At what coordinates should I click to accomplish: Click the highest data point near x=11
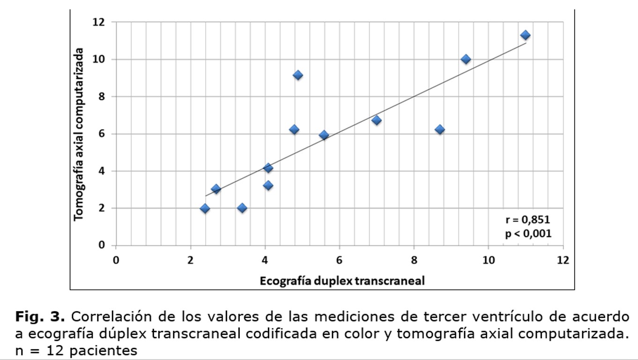(x=525, y=35)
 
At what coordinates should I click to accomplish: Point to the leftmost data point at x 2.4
(x=205, y=209)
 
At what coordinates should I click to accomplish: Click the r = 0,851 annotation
(x=527, y=220)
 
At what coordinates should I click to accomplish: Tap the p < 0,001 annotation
(x=528, y=233)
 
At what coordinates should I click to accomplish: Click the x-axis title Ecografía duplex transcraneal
(x=342, y=281)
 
